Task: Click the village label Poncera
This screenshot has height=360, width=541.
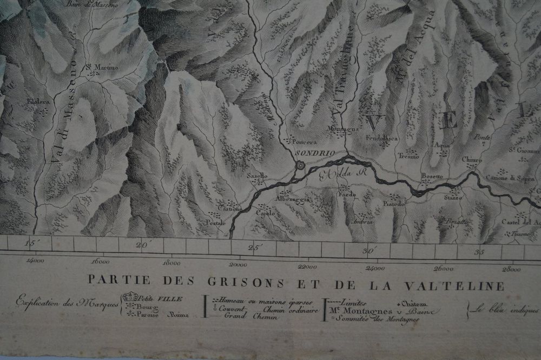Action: tap(304, 142)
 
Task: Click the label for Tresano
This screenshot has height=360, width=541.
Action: tap(408, 156)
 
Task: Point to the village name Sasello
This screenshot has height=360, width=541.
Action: tap(257, 176)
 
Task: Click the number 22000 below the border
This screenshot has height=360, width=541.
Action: tap(307, 265)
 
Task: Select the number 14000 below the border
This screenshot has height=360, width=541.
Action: tap(35, 261)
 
